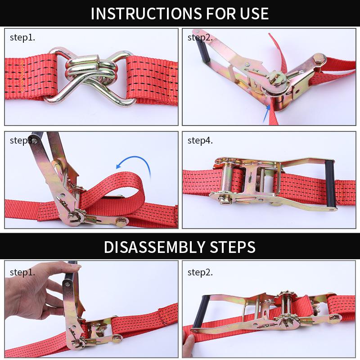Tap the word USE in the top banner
click(254, 13)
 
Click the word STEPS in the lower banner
click(232, 247)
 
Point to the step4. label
click(200, 140)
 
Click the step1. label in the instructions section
click(22, 37)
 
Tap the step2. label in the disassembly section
click(200, 273)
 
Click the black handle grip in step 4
click(330, 184)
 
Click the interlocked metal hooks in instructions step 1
click(91, 77)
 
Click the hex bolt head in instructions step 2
click(319, 59)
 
